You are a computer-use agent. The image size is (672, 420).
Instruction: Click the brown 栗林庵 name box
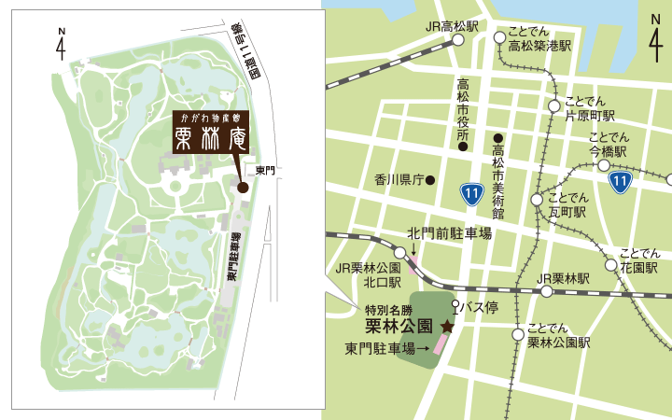[211, 133]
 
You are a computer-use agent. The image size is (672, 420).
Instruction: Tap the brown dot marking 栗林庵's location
[243, 187]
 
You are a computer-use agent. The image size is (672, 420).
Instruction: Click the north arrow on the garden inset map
[61, 43]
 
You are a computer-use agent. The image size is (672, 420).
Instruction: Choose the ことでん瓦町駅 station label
[567, 205]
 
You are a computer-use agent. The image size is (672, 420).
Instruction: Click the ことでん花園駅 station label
[645, 259]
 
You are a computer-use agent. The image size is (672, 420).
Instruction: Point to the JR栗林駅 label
[564, 278]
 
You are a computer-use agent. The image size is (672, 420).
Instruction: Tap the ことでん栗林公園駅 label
[558, 335]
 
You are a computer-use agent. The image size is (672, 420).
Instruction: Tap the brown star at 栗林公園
[447, 327]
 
